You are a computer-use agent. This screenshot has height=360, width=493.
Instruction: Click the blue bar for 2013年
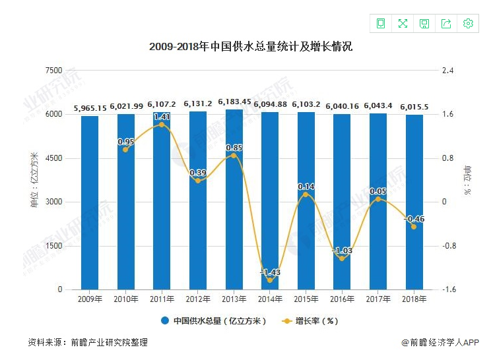click(x=233, y=204)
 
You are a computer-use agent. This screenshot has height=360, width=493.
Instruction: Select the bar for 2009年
click(x=90, y=204)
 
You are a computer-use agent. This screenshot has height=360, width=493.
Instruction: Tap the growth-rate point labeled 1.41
click(x=162, y=125)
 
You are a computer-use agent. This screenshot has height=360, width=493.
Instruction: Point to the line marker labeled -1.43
click(x=269, y=280)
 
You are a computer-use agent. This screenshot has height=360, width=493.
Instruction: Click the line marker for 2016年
click(x=341, y=258)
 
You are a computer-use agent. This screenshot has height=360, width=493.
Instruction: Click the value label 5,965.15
click(x=90, y=107)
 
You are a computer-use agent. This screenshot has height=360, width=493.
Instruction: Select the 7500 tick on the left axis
click(x=53, y=71)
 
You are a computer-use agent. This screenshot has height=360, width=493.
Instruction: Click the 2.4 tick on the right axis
click(x=449, y=71)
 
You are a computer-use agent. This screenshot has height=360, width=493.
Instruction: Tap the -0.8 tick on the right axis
click(x=449, y=246)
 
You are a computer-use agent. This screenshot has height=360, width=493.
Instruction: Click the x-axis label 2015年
click(x=305, y=299)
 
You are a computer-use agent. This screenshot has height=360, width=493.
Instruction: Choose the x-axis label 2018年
click(x=412, y=299)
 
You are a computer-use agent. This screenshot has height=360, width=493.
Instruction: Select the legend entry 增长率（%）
click(x=310, y=321)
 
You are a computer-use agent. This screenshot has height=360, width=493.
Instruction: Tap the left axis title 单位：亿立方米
click(x=34, y=180)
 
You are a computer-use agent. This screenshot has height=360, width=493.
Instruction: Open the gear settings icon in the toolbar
click(x=468, y=24)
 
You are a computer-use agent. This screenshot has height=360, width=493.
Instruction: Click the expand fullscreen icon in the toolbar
click(x=403, y=24)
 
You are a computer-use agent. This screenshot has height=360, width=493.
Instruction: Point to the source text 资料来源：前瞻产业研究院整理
click(x=88, y=342)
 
